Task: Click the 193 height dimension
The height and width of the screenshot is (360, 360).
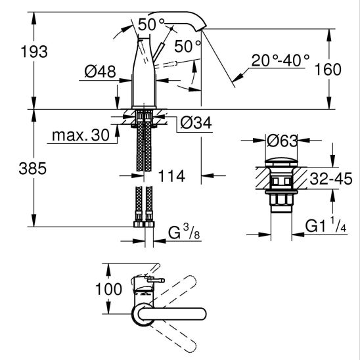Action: (x=34, y=52)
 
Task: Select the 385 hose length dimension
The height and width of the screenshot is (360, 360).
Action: (x=33, y=168)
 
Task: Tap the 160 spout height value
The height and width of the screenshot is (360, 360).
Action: (x=328, y=70)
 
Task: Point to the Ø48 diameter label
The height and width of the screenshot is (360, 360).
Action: (x=100, y=72)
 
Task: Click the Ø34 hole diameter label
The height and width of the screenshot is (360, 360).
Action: (x=196, y=123)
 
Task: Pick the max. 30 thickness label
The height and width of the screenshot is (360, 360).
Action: (x=81, y=135)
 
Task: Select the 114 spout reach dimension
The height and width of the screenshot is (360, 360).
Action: (x=171, y=176)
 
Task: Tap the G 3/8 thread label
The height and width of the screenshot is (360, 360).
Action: (x=184, y=233)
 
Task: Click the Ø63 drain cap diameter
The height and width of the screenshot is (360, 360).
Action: (x=282, y=141)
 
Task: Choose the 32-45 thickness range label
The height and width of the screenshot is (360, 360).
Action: (x=331, y=179)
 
